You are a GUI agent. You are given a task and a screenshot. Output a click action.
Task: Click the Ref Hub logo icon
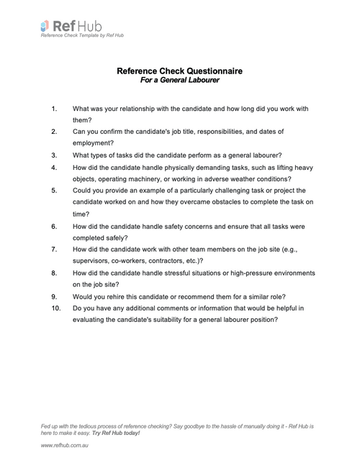pyautogui.click(x=45, y=26)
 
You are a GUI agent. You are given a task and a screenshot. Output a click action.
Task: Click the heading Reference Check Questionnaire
pyautogui.click(x=179, y=71)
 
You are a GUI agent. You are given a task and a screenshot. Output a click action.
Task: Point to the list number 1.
pyautogui.click(x=54, y=109)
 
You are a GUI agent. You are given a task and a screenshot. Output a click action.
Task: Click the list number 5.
pyautogui.click(x=54, y=191)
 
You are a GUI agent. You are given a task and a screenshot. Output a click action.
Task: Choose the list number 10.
pyautogui.click(x=56, y=308)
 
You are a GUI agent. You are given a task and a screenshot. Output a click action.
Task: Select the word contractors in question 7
pyautogui.click(x=169, y=261)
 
